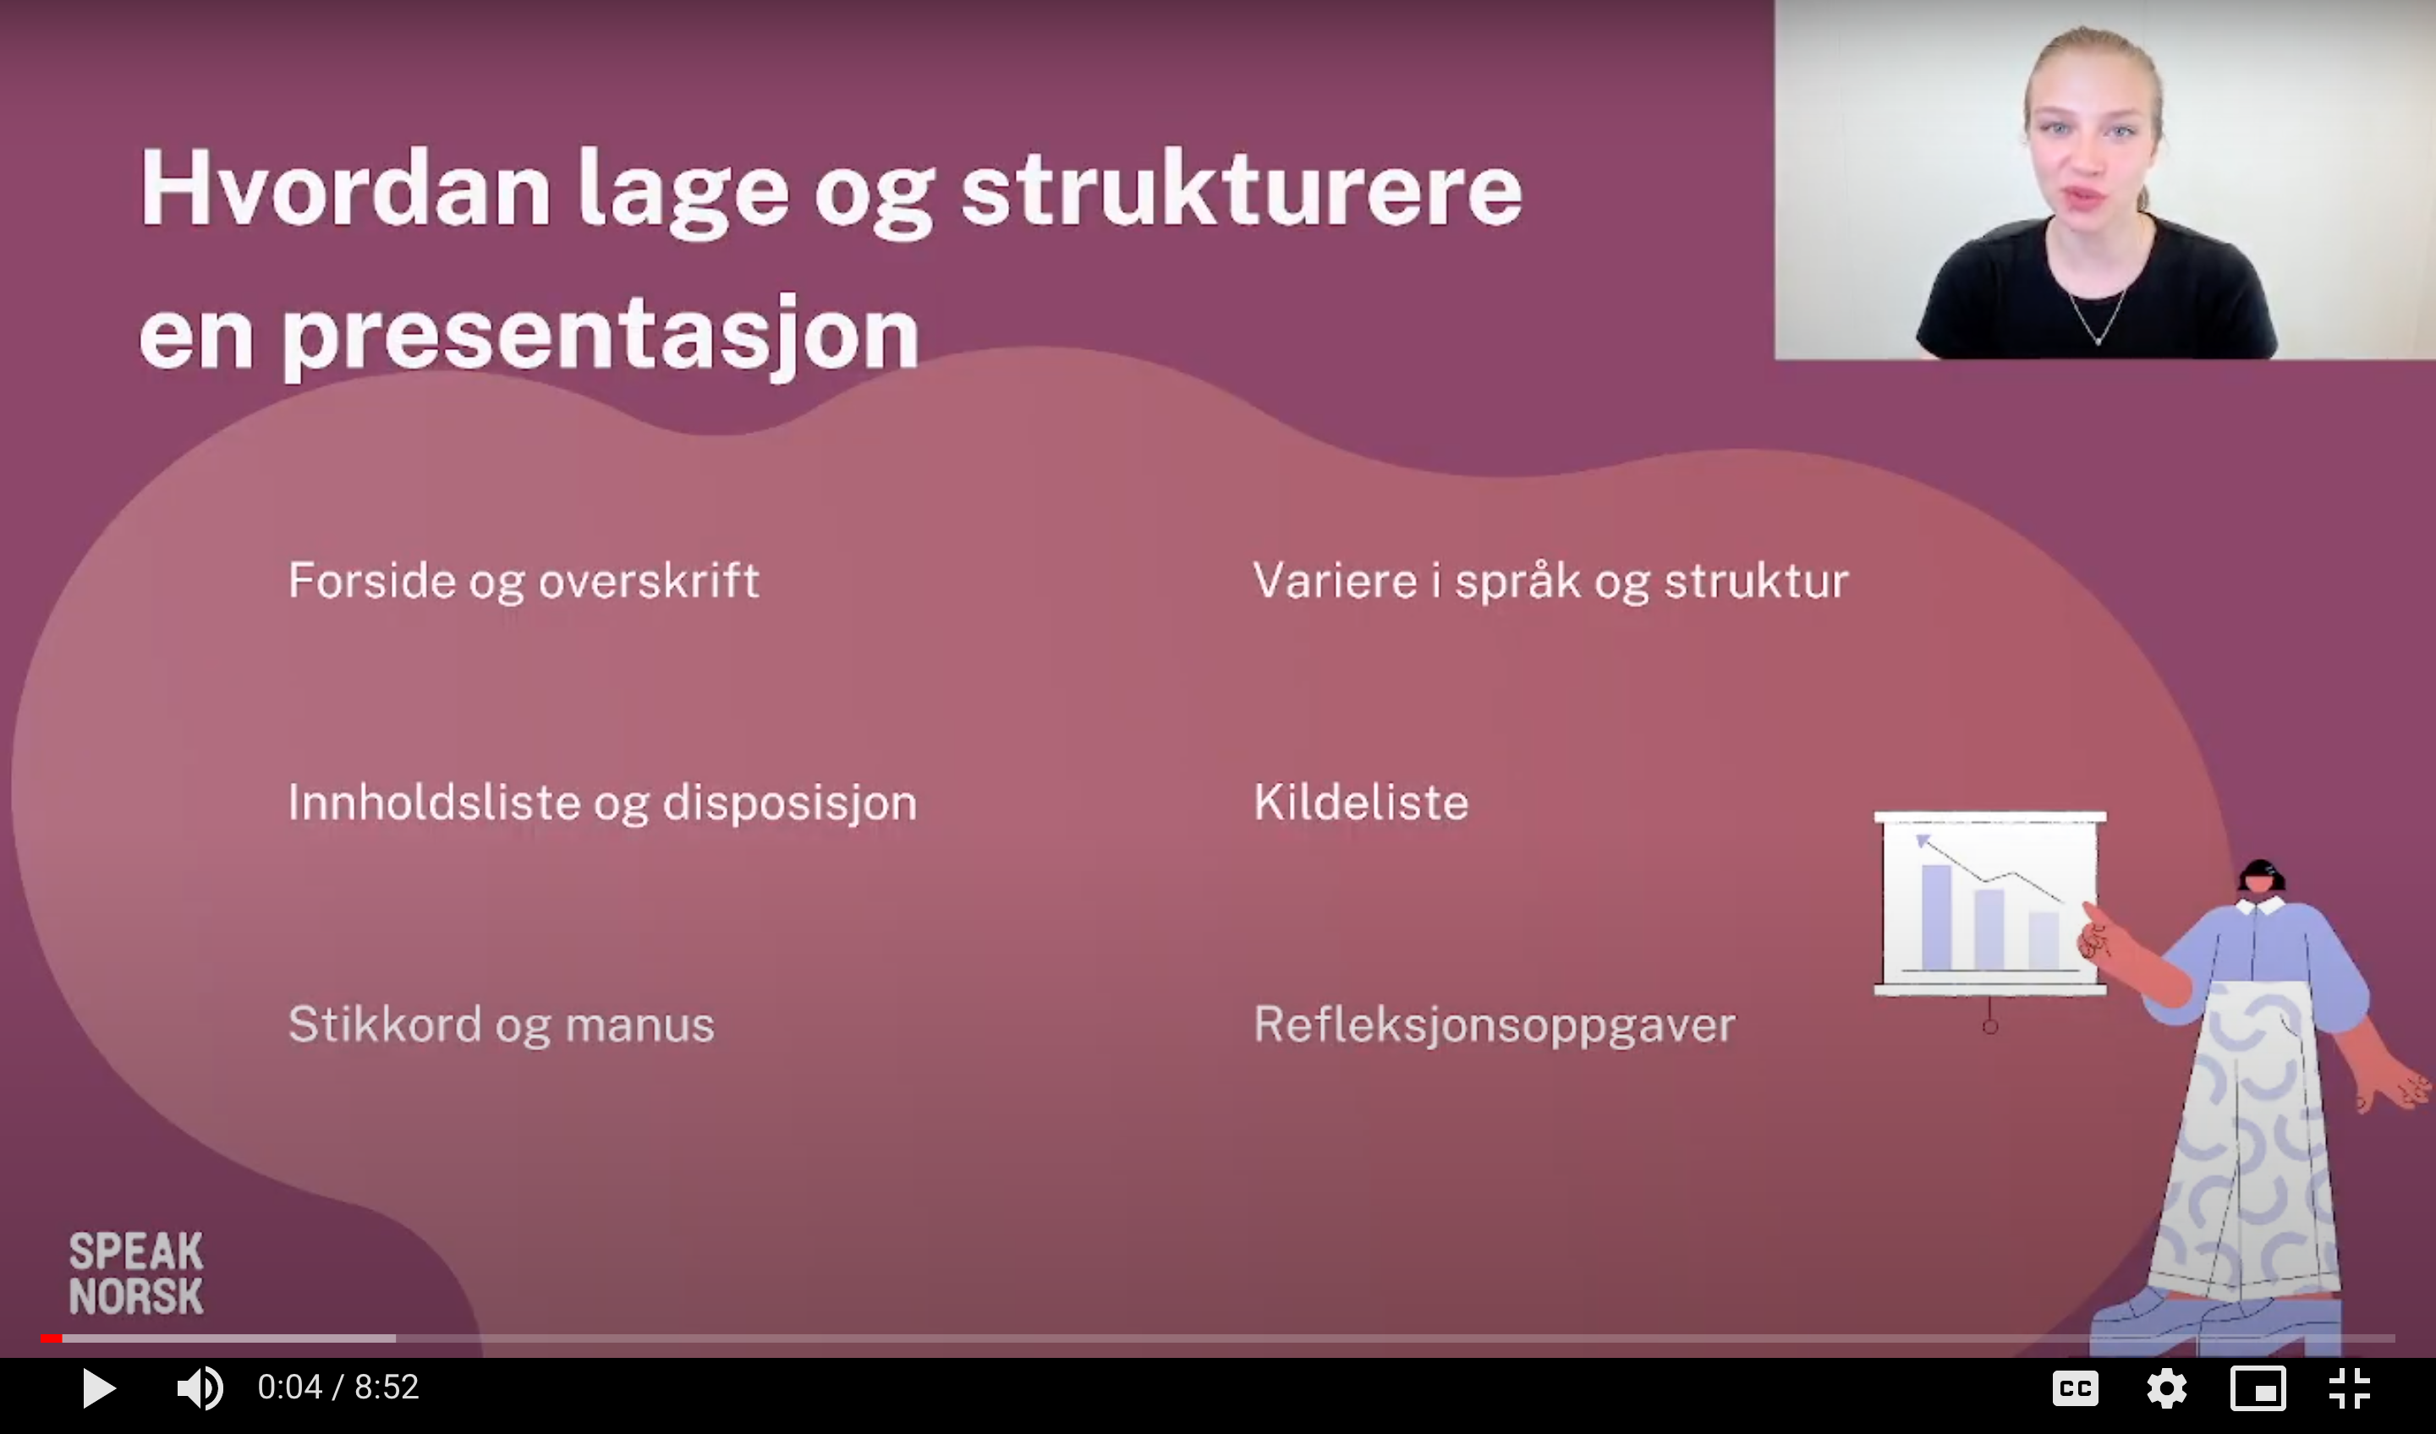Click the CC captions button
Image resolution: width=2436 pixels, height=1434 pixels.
coord(2075,1388)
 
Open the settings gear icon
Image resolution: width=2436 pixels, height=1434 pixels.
coord(2166,1388)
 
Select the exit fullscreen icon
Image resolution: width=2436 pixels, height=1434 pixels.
coord(2349,1388)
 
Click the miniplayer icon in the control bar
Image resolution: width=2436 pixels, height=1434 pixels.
coord(2258,1388)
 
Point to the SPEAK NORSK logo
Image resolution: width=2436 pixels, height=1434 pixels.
coord(136,1273)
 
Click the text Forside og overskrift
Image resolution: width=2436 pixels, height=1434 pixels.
coord(524,582)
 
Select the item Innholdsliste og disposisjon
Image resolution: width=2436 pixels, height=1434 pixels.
coord(602,804)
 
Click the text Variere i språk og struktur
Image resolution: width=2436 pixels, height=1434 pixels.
coord(1550,582)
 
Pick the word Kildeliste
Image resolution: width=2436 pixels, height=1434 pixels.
coord(1361,802)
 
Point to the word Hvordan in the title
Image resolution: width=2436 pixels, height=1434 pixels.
coord(346,189)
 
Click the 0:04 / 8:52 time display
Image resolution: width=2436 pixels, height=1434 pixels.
coord(338,1387)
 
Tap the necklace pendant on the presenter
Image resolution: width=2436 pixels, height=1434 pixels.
coord(2098,339)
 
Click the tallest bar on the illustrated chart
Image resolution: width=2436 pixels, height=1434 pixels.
coord(1936,916)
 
